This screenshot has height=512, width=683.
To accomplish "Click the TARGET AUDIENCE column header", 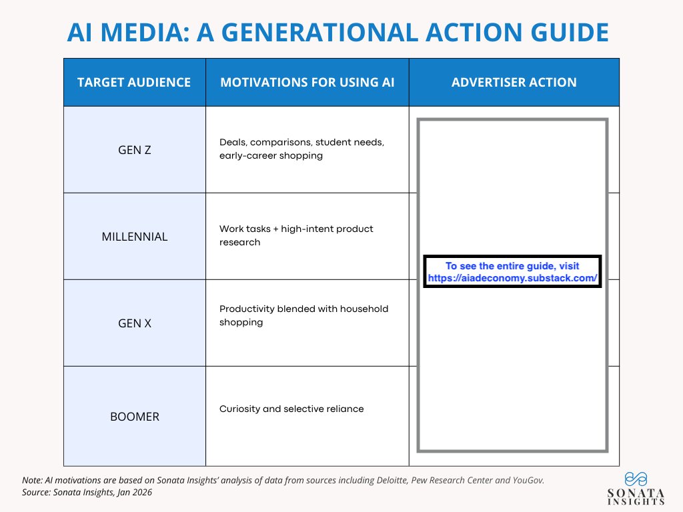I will point(134,83).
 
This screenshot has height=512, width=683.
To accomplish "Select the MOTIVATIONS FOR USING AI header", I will point(307,83).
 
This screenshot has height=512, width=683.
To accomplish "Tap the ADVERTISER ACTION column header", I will point(514,83).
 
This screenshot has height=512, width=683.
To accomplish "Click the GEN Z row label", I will point(134,150).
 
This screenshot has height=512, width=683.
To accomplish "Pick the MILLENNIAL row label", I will point(134,237).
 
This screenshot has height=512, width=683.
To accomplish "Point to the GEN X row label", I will point(134,323).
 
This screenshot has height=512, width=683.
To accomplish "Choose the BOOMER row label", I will point(134,417).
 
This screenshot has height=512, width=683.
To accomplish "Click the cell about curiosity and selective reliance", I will point(291,409).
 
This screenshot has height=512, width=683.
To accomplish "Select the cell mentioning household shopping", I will point(303,315).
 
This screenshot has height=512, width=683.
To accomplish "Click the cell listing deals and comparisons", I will point(301,149).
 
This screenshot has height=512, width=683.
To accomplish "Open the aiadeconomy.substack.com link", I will point(512,278).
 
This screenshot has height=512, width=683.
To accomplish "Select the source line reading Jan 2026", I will point(87,492).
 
